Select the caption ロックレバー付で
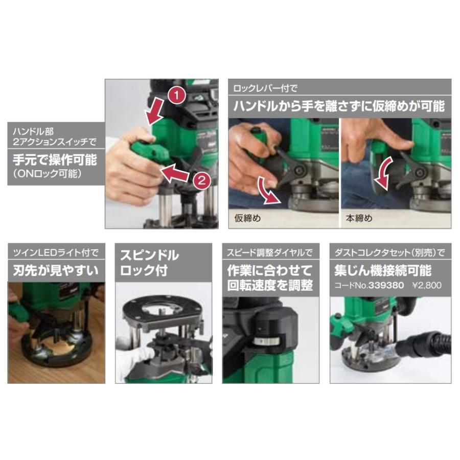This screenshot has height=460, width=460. tap(265, 88)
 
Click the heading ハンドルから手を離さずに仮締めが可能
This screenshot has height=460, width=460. tap(339, 106)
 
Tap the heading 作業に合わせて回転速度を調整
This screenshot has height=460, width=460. tap(270, 277)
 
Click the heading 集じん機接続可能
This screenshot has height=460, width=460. tap(383, 270)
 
